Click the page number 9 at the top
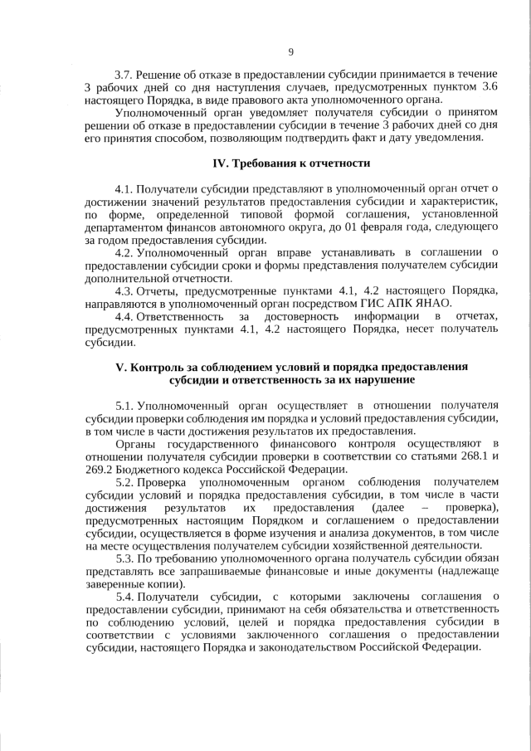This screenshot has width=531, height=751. point(290,52)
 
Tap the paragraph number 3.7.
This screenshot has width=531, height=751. point(124,76)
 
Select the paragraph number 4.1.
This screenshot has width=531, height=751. point(124,189)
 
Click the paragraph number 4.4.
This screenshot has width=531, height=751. point(124,316)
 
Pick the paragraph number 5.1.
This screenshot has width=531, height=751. point(124,405)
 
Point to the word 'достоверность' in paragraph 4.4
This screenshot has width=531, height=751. point(300,316)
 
